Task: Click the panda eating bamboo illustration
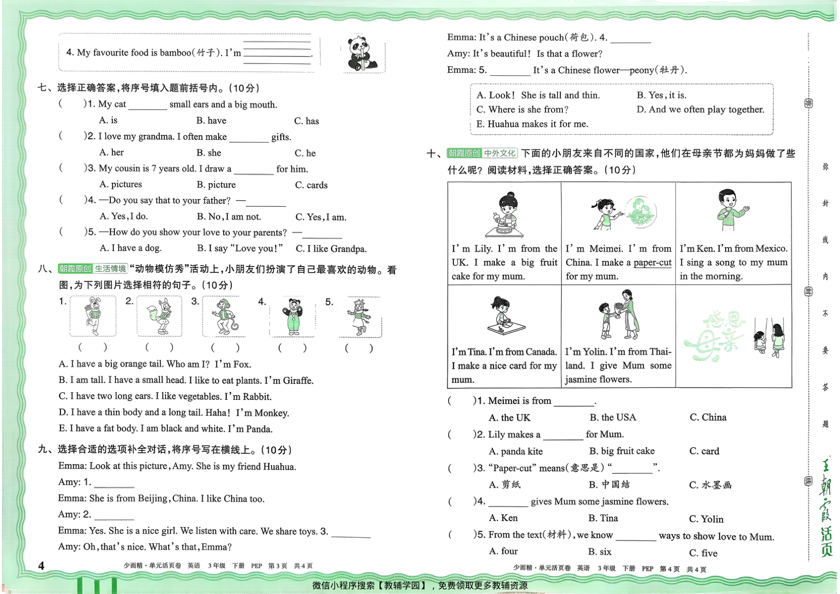pos(362,53)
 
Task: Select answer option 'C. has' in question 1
pos(306,121)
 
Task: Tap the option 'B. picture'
pos(216,184)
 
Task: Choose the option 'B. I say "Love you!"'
pos(240,248)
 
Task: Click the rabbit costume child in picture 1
pos(92,315)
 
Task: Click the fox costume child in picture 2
pos(159,316)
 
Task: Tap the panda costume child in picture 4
pos(293,316)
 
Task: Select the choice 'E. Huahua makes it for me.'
pos(532,124)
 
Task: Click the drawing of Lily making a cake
pos(504,215)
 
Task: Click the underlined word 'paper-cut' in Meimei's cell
pos(653,263)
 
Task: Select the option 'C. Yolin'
pos(706,519)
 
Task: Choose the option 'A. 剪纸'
pos(504,485)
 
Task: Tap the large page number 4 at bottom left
pos(41,566)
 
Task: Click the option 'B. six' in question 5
pos(600,552)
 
